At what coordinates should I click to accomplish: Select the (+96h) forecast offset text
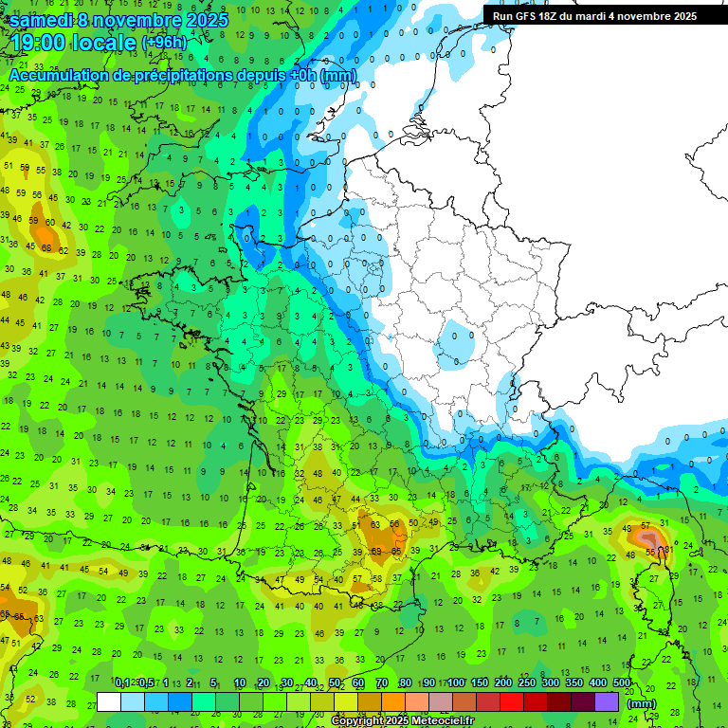[164, 43]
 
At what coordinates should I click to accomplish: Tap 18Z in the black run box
[556, 15]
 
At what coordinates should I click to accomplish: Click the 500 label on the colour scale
[622, 683]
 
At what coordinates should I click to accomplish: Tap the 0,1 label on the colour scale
[121, 683]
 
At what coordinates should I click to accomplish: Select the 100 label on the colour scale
[456, 683]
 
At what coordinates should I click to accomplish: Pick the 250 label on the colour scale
[527, 683]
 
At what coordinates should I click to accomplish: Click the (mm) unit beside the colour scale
[643, 703]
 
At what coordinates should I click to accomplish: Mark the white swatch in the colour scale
[109, 701]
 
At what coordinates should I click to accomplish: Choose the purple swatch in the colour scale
[607, 701]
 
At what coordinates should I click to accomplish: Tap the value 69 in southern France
[376, 550]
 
